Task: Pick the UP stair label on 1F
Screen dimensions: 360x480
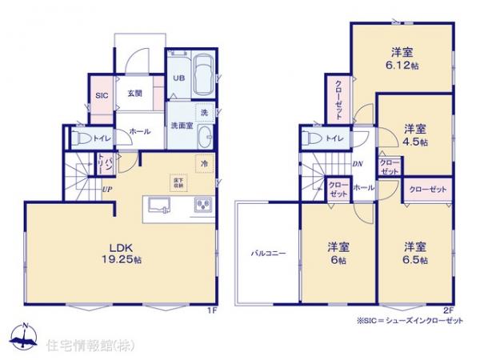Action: (106, 190)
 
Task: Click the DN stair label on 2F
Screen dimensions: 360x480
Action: (357, 165)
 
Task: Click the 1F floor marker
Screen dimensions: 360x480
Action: (213, 309)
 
